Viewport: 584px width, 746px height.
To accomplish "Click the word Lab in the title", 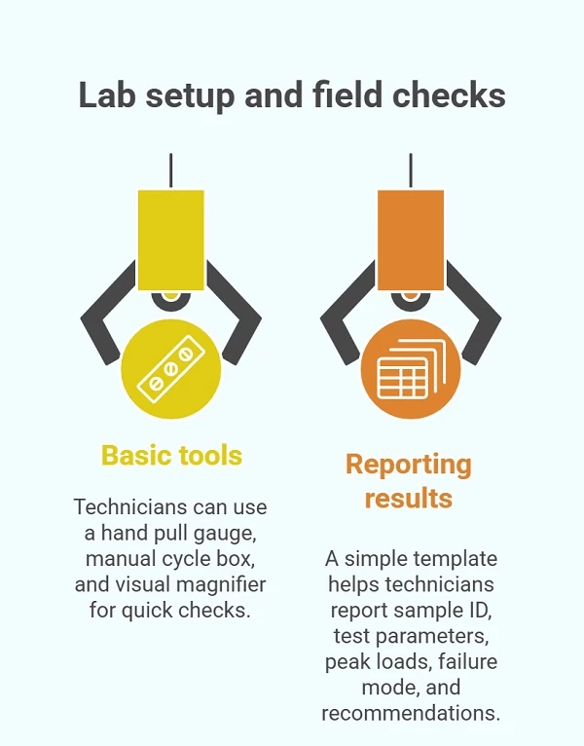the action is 107,94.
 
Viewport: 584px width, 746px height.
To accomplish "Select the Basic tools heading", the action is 171,456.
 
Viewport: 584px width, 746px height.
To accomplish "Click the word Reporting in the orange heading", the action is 409,466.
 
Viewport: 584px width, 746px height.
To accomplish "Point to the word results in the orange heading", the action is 409,498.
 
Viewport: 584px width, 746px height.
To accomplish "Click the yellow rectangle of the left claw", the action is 171,240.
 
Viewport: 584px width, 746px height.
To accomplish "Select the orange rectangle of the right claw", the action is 411,240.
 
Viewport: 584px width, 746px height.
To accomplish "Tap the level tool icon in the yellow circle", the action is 170,369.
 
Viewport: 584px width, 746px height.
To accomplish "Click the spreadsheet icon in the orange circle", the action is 412,369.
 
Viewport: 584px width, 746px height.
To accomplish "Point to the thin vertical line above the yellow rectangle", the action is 170,170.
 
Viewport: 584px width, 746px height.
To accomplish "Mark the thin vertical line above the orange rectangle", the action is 411,170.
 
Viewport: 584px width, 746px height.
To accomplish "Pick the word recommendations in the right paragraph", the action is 411,713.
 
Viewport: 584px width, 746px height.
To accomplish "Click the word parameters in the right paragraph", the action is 432,637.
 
